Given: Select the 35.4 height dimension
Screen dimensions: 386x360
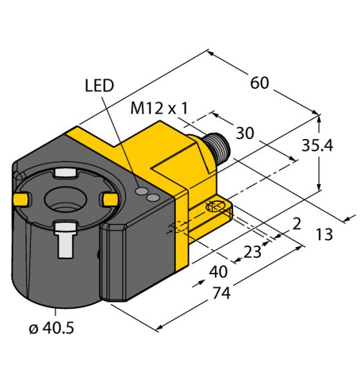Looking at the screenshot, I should click(x=334, y=147).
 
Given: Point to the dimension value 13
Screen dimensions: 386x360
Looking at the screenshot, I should click(x=324, y=235).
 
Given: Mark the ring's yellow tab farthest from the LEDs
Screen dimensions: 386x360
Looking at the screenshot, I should click(x=20, y=201).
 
